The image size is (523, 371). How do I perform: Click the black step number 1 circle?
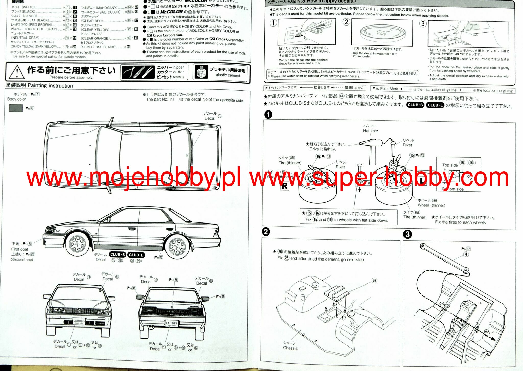268,115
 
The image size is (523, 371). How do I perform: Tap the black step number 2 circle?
266,232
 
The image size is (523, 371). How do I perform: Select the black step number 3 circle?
407,234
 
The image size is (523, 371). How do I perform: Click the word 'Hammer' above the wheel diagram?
370,131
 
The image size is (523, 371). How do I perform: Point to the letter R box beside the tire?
284,186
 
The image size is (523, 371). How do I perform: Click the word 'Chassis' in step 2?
290,348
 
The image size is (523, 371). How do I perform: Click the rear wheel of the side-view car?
177,246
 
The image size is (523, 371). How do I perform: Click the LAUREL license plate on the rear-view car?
172,324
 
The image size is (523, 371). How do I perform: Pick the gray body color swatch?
16,108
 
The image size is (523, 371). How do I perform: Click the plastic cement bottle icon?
201,72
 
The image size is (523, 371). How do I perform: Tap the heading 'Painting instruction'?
50,86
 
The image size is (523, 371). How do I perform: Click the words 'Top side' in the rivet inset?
450,165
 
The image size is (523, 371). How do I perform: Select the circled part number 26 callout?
374,281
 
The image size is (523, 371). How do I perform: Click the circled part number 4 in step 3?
466,254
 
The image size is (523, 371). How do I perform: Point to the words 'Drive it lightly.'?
322,149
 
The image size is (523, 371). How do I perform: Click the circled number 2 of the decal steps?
346,22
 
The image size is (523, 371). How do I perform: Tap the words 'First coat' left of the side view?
20,249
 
